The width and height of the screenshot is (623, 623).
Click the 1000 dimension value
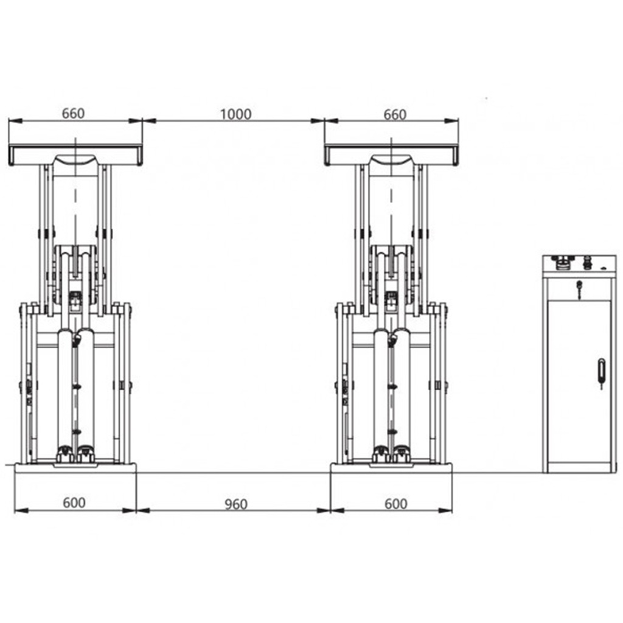click(x=235, y=114)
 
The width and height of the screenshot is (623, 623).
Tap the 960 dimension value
click(x=236, y=504)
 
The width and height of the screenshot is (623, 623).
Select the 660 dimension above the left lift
click(x=73, y=114)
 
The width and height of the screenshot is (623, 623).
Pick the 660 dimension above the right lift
click(x=395, y=115)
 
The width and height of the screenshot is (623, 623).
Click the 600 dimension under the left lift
click(x=74, y=503)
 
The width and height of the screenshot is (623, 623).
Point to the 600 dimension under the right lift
click(x=395, y=504)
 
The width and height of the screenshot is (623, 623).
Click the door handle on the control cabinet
click(x=601, y=374)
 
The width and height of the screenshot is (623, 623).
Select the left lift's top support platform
click(x=75, y=155)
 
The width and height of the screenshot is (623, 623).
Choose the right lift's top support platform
click(x=391, y=155)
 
